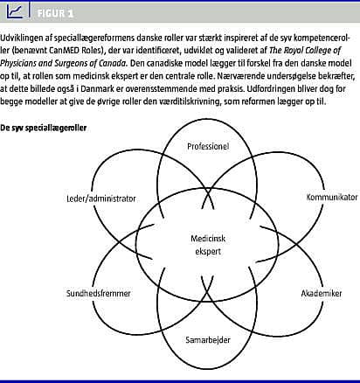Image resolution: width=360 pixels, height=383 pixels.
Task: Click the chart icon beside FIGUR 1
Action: [x=15, y=11]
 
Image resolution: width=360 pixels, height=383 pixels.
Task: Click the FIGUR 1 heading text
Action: [x=55, y=13]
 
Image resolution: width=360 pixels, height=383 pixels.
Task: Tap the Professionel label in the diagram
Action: [x=208, y=146]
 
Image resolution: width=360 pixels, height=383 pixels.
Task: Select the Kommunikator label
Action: [x=332, y=198]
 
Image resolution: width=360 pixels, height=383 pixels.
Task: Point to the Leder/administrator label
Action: [x=101, y=198]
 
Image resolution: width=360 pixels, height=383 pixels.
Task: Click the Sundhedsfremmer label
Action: [x=99, y=293]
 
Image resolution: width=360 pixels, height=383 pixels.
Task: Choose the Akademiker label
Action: [x=322, y=293]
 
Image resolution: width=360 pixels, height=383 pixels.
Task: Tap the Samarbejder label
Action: [x=208, y=340]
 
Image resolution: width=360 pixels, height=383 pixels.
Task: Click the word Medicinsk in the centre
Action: [x=208, y=239]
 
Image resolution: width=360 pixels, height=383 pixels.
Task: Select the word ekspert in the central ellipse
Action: [x=208, y=252]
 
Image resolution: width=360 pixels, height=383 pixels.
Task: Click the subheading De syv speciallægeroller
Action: [x=44, y=128]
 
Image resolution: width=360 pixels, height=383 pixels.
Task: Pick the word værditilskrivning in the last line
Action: [x=192, y=101]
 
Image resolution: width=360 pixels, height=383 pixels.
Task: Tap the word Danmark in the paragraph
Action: [x=97, y=88]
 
